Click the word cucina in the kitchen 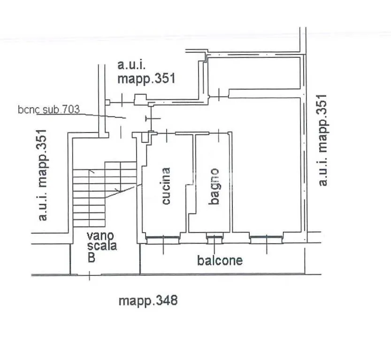tap(166, 186)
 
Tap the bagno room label tap(215, 187)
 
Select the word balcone tap(220, 260)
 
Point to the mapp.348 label tap(148, 300)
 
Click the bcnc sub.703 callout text tap(49, 110)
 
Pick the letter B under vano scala tap(92, 257)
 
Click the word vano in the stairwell tap(100, 235)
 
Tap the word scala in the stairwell tap(102, 246)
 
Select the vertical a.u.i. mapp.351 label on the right tap(322, 140)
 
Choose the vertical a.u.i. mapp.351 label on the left tap(42, 175)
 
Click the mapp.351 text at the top tap(146, 78)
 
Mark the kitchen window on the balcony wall tap(162, 240)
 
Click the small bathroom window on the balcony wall tap(215, 238)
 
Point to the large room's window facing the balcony tap(266, 240)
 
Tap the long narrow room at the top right tap(254, 73)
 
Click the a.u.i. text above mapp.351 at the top tap(131, 65)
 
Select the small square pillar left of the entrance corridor tap(107, 102)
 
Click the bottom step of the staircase tap(89, 223)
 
